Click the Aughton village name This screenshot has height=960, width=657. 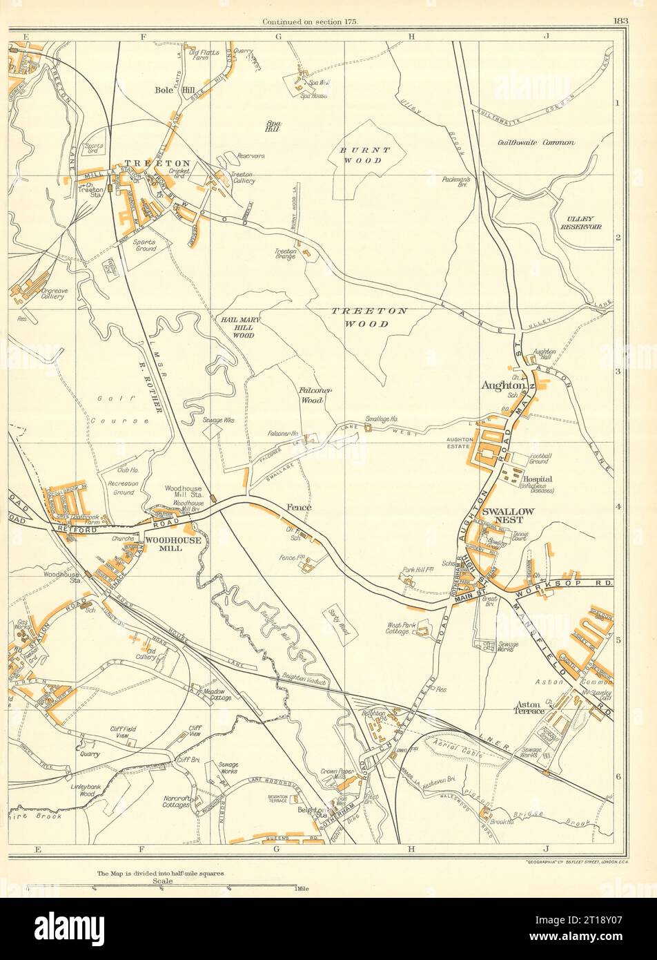tap(503, 386)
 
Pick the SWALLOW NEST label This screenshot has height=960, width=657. tap(508, 516)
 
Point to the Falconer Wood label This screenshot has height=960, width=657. tap(316, 395)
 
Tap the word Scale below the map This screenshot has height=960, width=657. tap(163, 881)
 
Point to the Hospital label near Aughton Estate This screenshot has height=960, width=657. tap(538, 479)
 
